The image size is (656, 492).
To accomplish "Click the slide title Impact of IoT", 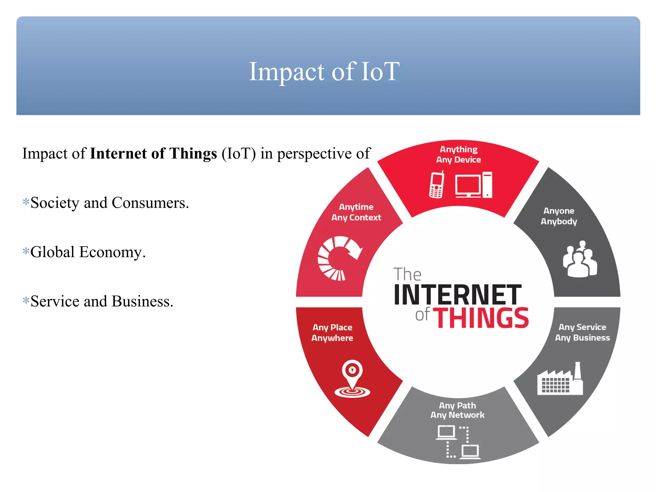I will pos(324,72).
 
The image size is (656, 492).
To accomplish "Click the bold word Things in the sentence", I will pos(193,154).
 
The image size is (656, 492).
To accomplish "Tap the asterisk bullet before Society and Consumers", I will pos(26,202).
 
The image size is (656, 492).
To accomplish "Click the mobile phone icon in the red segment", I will pos(437,185).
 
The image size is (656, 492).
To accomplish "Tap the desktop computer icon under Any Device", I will pos(473,185).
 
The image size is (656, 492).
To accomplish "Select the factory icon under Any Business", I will pos(560,380).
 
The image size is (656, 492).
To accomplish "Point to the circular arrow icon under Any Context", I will pos(339,258).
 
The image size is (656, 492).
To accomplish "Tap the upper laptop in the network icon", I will pos(446,432).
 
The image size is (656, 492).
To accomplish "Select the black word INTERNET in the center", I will pos(457,295).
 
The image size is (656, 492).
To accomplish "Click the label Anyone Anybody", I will pos(559,216).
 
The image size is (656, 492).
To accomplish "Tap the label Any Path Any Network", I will pos(457,410).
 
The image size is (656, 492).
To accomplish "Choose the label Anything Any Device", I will pos(458,154).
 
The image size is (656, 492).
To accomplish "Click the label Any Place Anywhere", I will pos(332,333).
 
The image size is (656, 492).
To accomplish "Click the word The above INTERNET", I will pos(407,275).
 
